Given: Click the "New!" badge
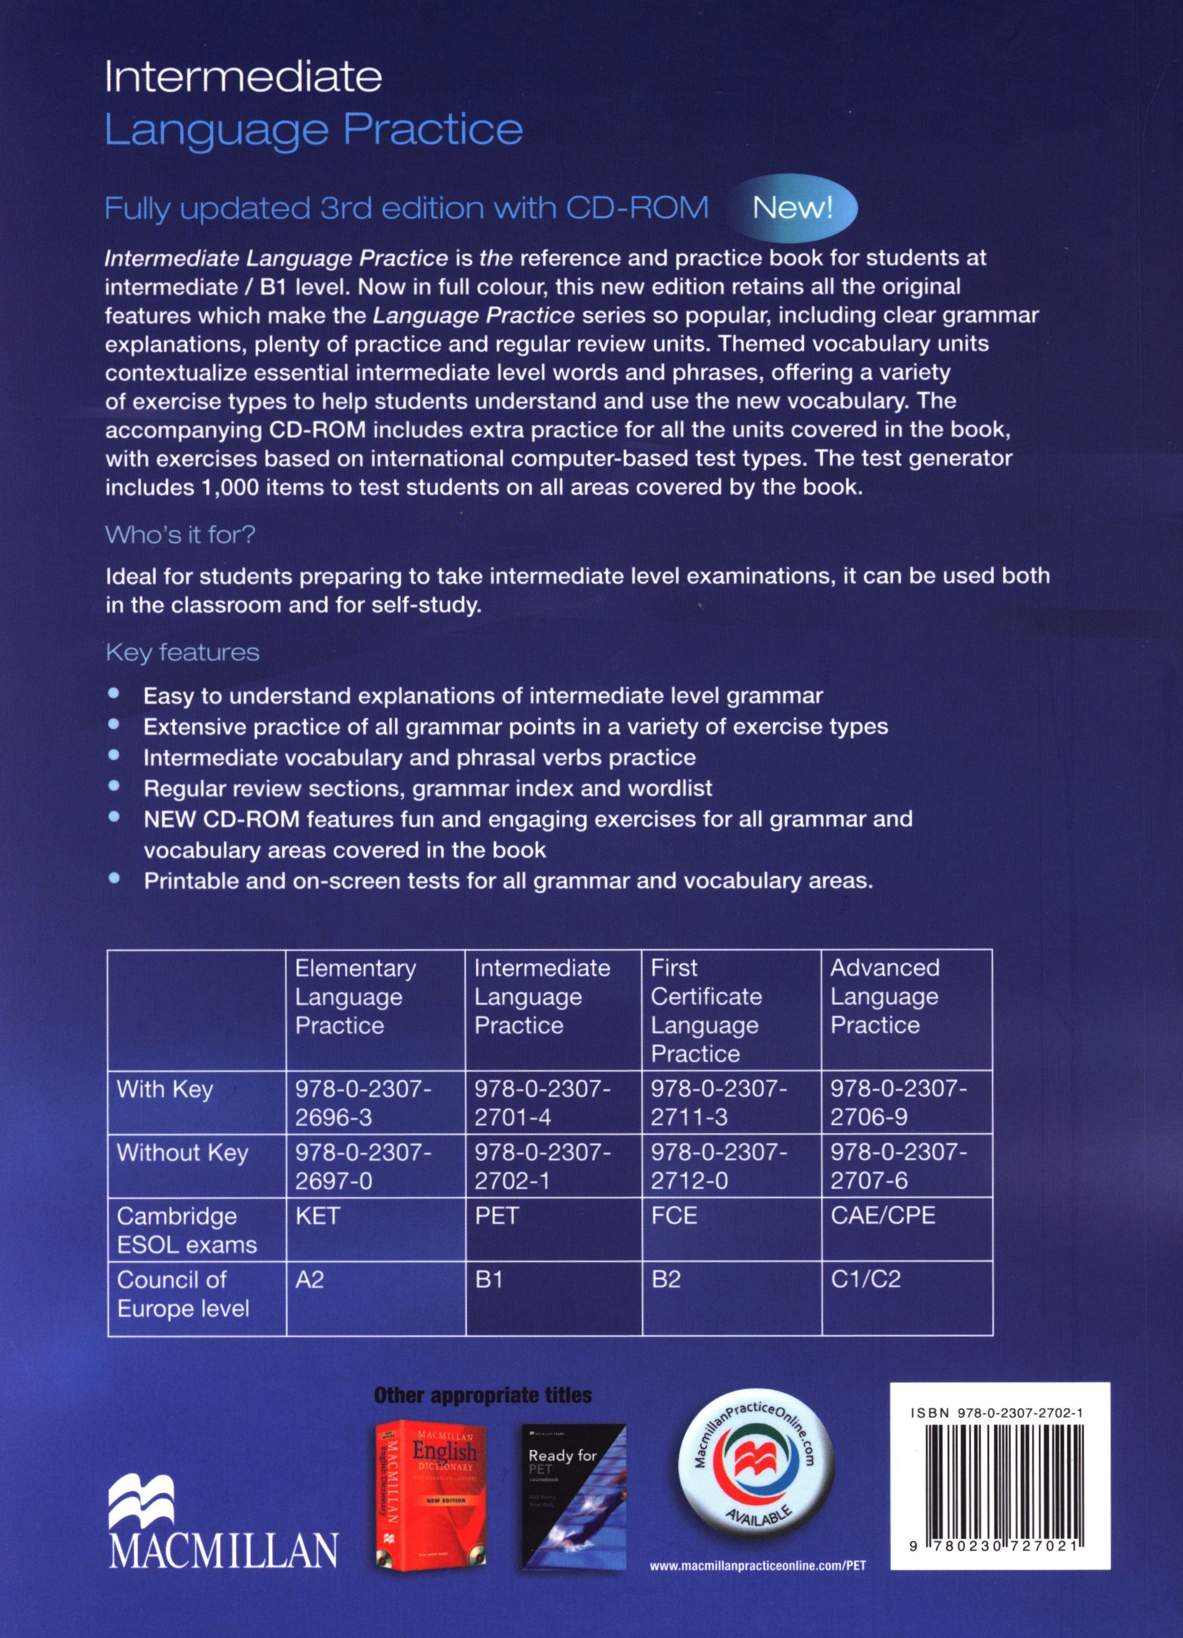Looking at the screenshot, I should click(793, 209).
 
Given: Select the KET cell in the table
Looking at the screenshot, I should click(317, 1215).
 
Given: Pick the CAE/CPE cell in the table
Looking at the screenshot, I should click(882, 1215).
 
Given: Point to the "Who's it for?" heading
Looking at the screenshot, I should click(181, 535).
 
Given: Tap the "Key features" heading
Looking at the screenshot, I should click(182, 652).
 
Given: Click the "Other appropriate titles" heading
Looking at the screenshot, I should click(483, 1395).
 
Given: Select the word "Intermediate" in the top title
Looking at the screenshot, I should click(243, 78).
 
